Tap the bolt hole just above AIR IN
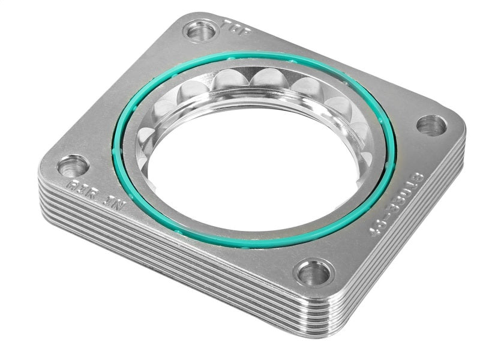(x=73, y=165)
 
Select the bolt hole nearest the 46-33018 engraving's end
(x=431, y=125)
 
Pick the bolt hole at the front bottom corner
(x=313, y=274)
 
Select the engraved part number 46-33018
(x=397, y=204)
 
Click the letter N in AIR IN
(x=118, y=208)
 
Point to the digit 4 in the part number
(x=377, y=231)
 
